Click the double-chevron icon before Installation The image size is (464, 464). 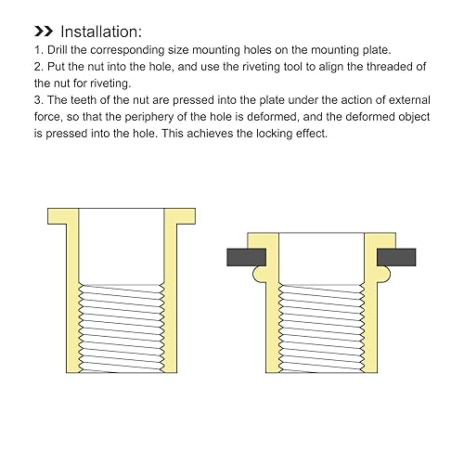point(44,32)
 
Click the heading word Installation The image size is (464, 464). point(101,32)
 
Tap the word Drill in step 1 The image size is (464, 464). point(58,50)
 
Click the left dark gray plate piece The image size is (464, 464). point(246,257)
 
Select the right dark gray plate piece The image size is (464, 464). point(396,257)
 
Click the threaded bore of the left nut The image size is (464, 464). point(122,329)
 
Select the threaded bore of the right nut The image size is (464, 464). point(321,329)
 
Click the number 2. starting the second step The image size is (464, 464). point(39,67)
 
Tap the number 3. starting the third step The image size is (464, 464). point(39,100)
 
